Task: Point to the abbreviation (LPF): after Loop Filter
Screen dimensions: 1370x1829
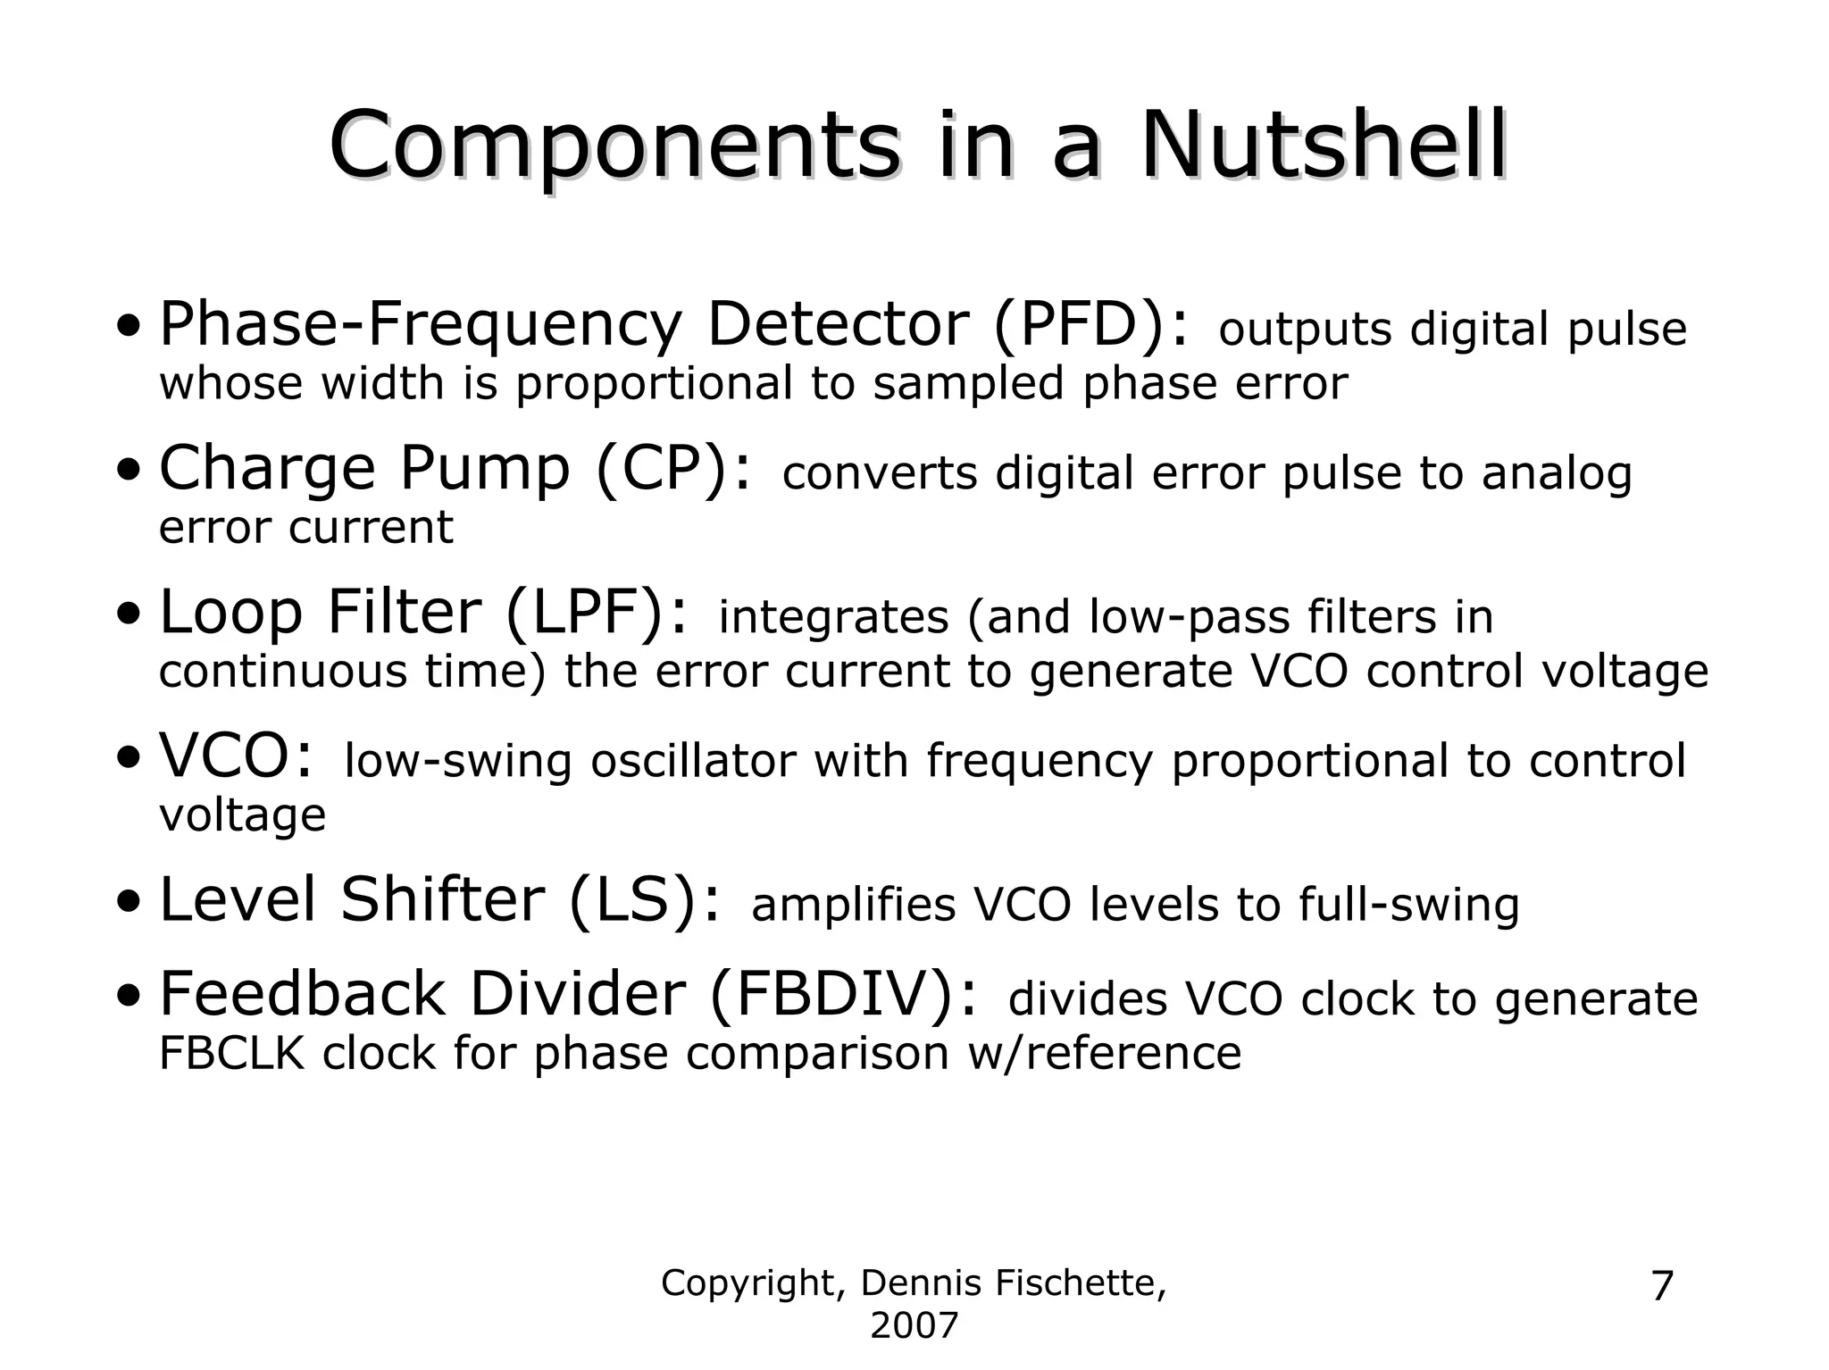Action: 597,613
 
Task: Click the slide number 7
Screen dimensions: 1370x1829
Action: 1662,1287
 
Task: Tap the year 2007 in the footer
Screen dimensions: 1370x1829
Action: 914,1326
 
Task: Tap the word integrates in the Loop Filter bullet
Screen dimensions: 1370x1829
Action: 832,617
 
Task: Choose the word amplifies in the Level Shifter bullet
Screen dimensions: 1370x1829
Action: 853,905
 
